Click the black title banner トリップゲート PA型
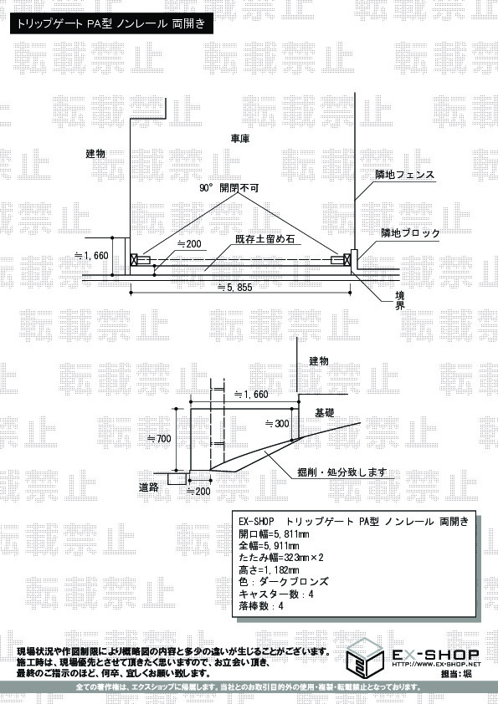[x=111, y=23]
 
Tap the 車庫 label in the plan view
[x=240, y=139]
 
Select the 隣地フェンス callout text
[x=405, y=174]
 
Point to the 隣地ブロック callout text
[x=410, y=233]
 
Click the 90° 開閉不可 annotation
[x=228, y=188]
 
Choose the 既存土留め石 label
[x=264, y=239]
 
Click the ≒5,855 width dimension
[x=234, y=288]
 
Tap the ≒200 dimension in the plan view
[x=189, y=244]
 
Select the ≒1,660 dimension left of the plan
[x=91, y=256]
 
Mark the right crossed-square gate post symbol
[x=347, y=259]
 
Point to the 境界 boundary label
[x=399, y=300]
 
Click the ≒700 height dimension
[x=159, y=438]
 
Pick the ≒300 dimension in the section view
[x=277, y=423]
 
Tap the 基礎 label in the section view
[x=325, y=412]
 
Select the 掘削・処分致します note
[x=342, y=472]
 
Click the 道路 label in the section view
[x=149, y=487]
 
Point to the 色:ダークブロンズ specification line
[x=284, y=582]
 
